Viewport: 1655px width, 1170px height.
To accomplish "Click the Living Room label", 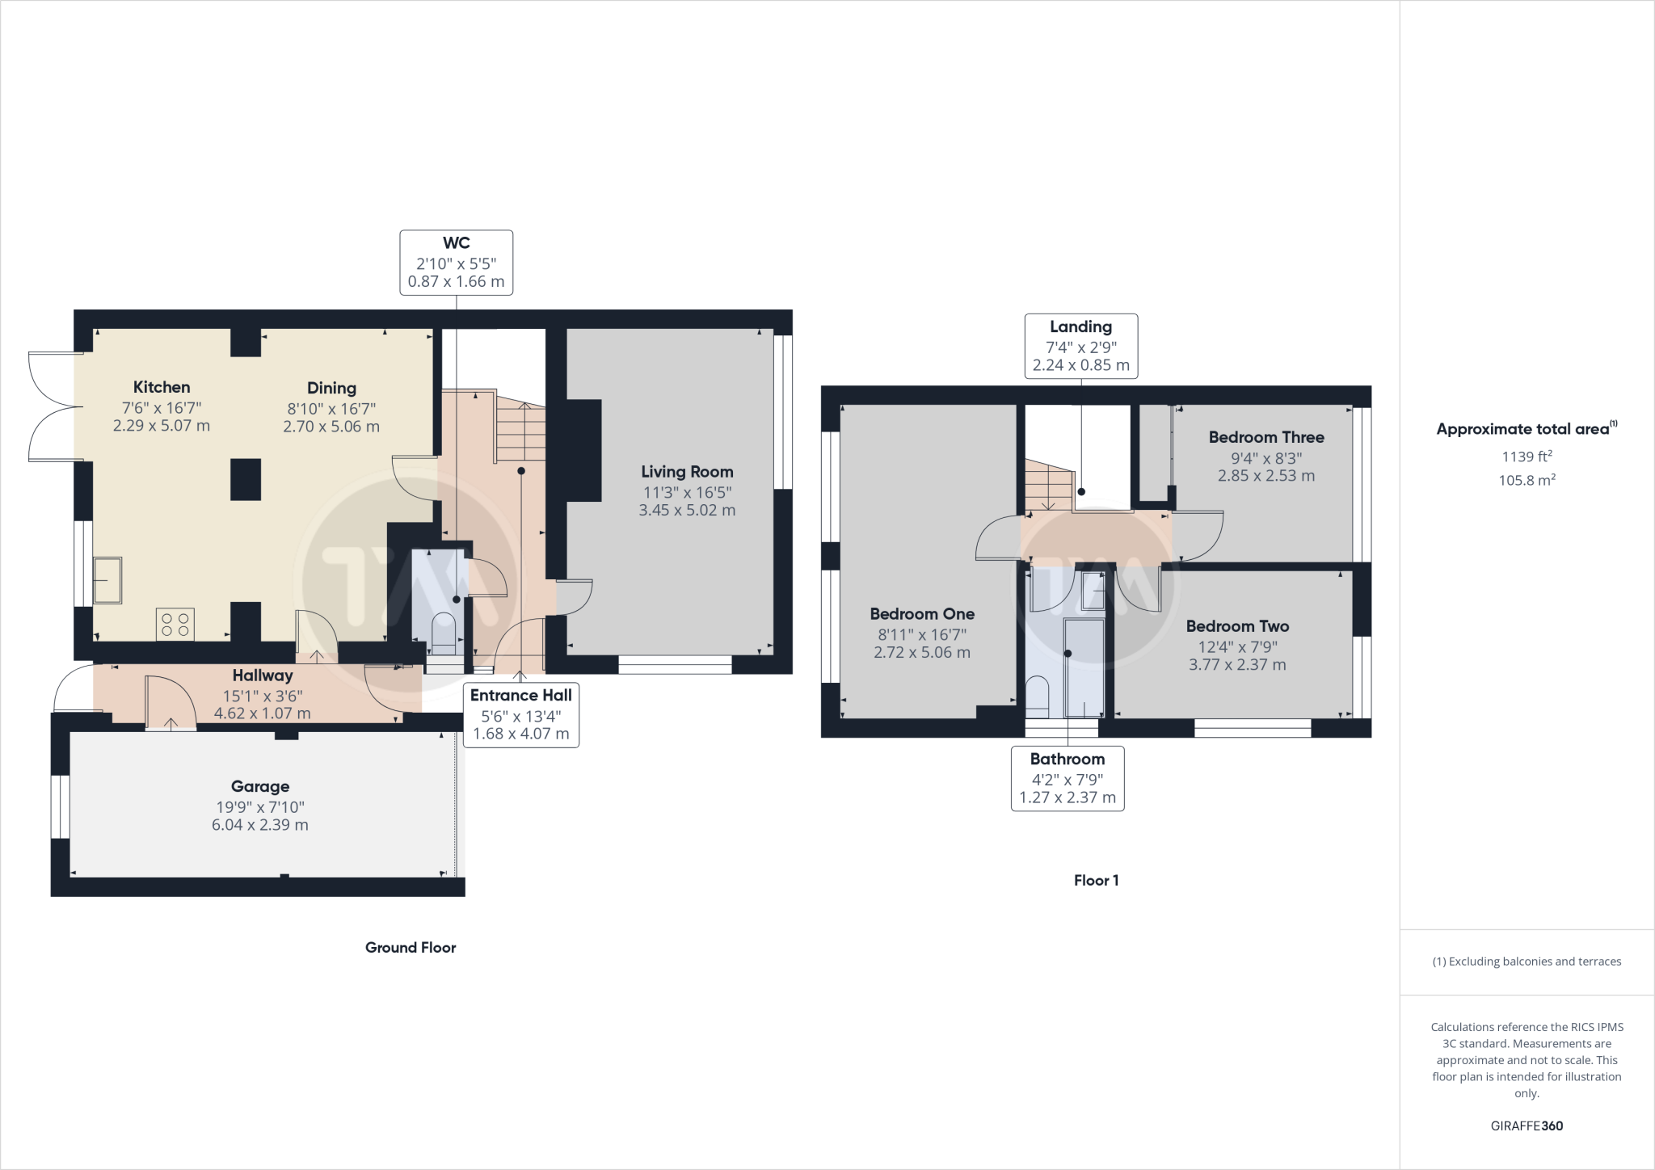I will point(687,472).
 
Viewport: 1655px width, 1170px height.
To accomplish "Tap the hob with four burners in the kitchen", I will point(175,624).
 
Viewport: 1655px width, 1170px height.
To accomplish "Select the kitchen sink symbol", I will point(107,579).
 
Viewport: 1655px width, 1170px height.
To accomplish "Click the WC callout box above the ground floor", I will point(456,263).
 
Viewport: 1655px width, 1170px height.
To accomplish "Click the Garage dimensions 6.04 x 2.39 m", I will point(260,825).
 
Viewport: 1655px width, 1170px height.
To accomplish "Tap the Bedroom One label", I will point(922,614).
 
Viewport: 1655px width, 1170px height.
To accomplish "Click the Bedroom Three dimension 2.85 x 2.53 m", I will point(1266,476).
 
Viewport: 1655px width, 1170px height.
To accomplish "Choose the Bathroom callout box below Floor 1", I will point(1067,778).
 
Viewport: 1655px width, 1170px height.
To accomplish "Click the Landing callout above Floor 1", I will point(1080,346).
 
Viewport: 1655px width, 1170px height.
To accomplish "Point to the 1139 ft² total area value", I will point(1527,457).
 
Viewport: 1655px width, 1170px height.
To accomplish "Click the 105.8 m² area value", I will point(1527,480).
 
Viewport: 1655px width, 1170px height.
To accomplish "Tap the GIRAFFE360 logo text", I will point(1527,1126).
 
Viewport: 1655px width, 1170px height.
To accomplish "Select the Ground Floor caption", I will point(411,948).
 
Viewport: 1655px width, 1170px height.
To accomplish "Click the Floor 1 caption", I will point(1096,881).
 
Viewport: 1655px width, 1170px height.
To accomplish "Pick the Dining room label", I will point(331,389).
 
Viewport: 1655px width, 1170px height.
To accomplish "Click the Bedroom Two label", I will point(1237,626).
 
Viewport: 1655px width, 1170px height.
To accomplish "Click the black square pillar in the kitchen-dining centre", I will point(246,479).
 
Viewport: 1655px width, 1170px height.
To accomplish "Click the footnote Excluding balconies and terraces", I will point(1527,962).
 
